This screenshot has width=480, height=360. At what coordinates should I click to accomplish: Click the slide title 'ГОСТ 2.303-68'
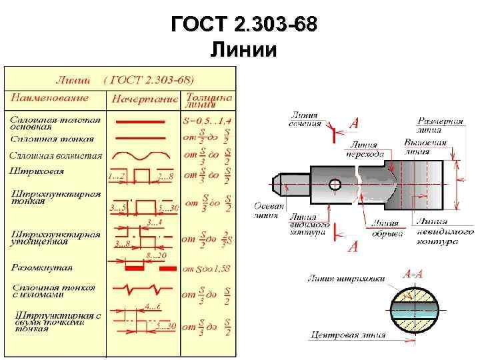coord(240,25)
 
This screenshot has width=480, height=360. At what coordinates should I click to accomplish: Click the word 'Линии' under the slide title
coord(240,49)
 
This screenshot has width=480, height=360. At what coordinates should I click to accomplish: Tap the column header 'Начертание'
coord(145,99)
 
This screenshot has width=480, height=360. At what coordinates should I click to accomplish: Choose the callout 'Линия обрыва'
coord(387,228)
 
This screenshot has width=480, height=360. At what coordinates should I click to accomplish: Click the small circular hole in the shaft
coord(335,183)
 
